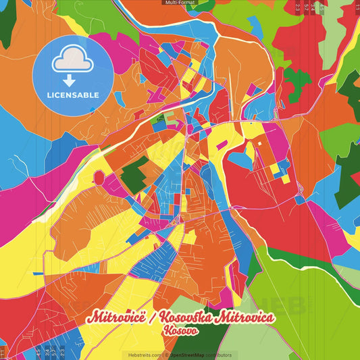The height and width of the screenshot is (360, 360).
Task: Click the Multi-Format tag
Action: [x=180, y=3]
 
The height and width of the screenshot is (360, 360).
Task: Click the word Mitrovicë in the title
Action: [x=119, y=318]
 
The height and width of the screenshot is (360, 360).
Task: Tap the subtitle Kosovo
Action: [x=180, y=332]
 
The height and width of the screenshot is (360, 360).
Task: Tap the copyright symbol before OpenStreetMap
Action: [x=167, y=355]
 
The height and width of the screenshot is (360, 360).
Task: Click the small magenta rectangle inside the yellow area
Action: [x=222, y=144]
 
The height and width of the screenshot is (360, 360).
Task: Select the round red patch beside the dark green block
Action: [x=99, y=178]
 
